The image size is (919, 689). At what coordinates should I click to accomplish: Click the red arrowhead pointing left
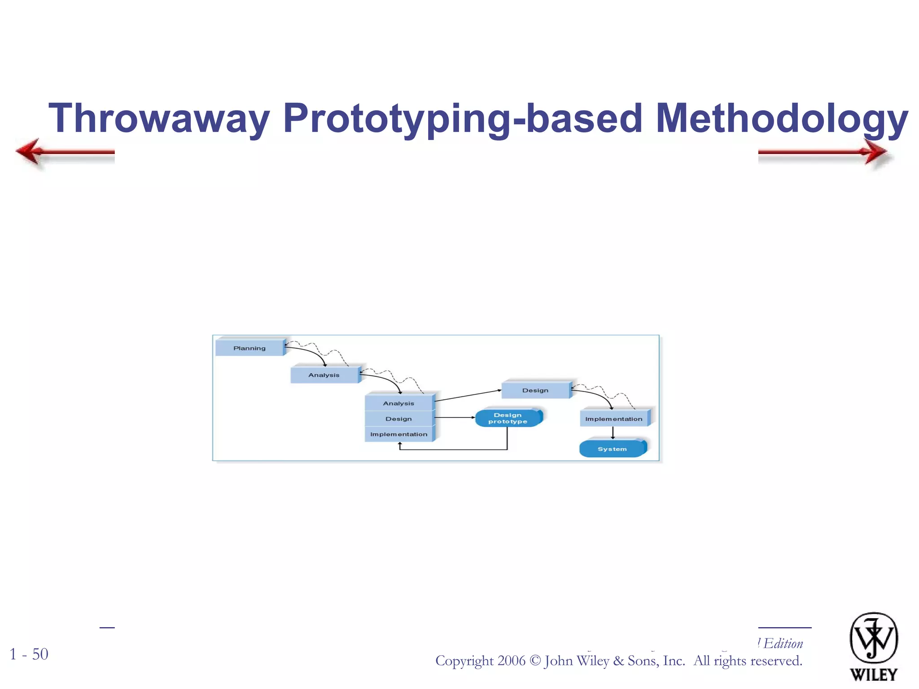pyautogui.click(x=29, y=151)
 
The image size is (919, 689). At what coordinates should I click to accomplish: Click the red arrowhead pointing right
pyautogui.click(x=875, y=152)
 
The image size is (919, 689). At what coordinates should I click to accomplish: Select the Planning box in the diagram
pyautogui.click(x=249, y=348)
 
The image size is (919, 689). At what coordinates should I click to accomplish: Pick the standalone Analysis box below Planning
pyautogui.click(x=324, y=375)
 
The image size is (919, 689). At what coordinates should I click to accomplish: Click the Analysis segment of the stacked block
pyautogui.click(x=398, y=403)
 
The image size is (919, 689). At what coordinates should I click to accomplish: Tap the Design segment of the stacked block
pyautogui.click(x=398, y=419)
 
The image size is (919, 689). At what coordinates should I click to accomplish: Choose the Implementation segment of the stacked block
pyautogui.click(x=398, y=434)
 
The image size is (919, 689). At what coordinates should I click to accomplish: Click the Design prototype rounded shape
pyautogui.click(x=508, y=418)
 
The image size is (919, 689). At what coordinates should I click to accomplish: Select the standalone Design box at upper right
pyautogui.click(x=535, y=390)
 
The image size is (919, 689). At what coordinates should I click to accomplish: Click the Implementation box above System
pyautogui.click(x=613, y=419)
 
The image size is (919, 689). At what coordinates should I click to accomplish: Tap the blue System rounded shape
pyautogui.click(x=612, y=449)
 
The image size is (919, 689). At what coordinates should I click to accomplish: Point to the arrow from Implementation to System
pyautogui.click(x=613, y=433)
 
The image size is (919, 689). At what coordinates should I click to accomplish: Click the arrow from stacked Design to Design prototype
pyautogui.click(x=455, y=418)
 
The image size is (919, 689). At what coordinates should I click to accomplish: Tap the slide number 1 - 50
pyautogui.click(x=29, y=654)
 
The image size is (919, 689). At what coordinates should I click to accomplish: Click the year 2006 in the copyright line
pyautogui.click(x=512, y=661)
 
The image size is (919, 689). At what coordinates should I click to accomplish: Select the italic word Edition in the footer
pyautogui.click(x=783, y=644)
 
